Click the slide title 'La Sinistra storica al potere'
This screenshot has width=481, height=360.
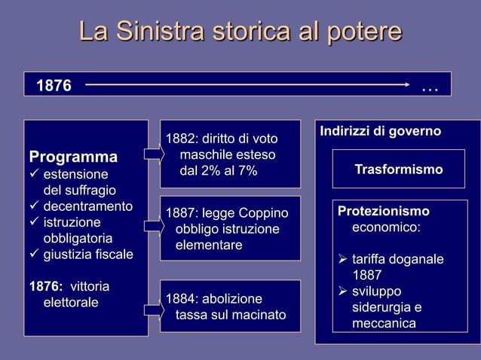(x=240, y=32)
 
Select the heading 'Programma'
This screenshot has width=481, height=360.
(x=73, y=157)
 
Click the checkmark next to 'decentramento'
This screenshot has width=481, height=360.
(x=34, y=206)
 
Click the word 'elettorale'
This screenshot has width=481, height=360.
(x=70, y=303)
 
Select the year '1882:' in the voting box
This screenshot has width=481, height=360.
(x=181, y=139)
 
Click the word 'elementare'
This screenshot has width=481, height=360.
(x=209, y=246)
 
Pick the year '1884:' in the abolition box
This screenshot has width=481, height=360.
(x=181, y=298)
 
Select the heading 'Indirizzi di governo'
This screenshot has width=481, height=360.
(x=381, y=132)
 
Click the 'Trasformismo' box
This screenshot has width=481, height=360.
(x=399, y=169)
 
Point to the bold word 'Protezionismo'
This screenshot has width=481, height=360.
(x=384, y=211)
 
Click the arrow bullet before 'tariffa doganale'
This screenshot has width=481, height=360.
(x=342, y=260)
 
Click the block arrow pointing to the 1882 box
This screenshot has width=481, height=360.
(x=153, y=155)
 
